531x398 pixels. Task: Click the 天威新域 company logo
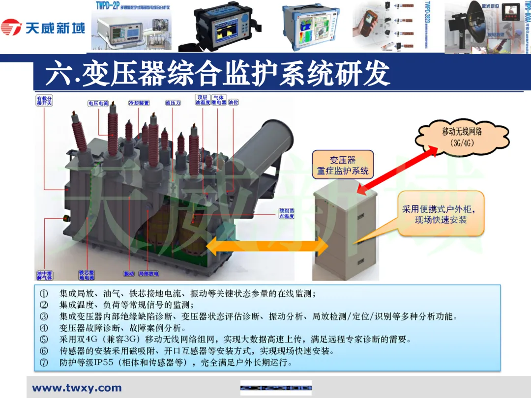[x=43, y=28]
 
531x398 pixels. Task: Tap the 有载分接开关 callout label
[x=44, y=101]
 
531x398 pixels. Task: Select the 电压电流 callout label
[x=98, y=104]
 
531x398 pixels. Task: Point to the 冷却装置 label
[x=139, y=104]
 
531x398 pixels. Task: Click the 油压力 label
[x=173, y=104]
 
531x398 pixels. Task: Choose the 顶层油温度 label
[x=203, y=101]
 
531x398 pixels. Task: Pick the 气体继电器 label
[x=219, y=101]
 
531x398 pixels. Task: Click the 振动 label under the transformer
[x=129, y=274]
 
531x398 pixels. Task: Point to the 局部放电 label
[x=148, y=274]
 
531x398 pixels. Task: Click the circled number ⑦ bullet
[x=44, y=364]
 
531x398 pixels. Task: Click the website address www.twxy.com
[x=77, y=388]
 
